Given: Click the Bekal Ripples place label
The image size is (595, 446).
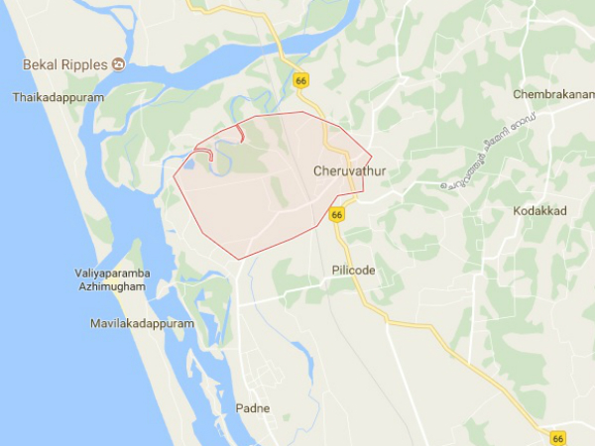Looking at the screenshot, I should (x=64, y=65).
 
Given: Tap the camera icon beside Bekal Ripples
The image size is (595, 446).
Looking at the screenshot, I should (x=118, y=65).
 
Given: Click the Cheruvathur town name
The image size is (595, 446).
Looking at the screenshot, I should (x=349, y=171).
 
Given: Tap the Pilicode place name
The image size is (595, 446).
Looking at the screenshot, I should (x=353, y=270).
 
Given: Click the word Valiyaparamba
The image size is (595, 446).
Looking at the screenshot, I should (x=110, y=273).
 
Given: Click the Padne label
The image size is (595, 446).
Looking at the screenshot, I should (x=253, y=408).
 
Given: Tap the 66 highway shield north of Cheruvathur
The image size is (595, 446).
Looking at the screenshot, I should (x=301, y=79).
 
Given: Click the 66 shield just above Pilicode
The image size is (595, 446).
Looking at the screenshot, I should (x=337, y=214).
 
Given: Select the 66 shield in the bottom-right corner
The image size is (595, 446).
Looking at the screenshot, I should (x=559, y=437).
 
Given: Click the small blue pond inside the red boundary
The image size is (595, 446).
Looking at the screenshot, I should (x=188, y=166).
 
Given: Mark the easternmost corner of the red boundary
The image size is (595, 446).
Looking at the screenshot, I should (x=372, y=156).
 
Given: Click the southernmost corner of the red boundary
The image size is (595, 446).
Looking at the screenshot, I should (x=239, y=260).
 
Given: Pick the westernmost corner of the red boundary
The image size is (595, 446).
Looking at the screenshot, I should (x=174, y=179).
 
